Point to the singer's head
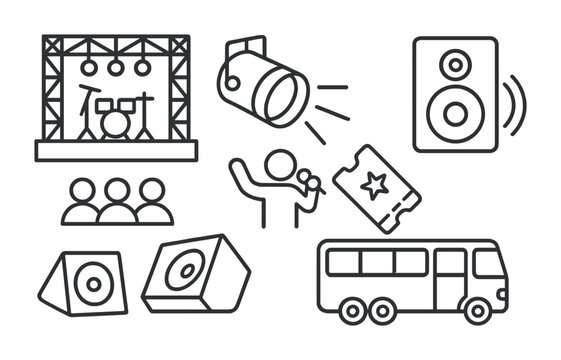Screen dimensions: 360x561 click(282, 163)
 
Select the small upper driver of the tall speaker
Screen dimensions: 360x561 click(455, 65)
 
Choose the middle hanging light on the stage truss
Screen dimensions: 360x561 click(116, 67)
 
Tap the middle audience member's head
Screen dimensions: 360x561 click(117, 189)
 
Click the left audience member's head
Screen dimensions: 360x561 click(82, 189)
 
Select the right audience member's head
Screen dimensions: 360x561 click(152, 189)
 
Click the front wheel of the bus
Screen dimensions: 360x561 click(475, 311)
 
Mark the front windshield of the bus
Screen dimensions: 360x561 click(490, 264)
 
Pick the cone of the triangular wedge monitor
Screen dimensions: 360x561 click(93, 283)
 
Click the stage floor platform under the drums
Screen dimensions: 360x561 click(116, 150)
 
